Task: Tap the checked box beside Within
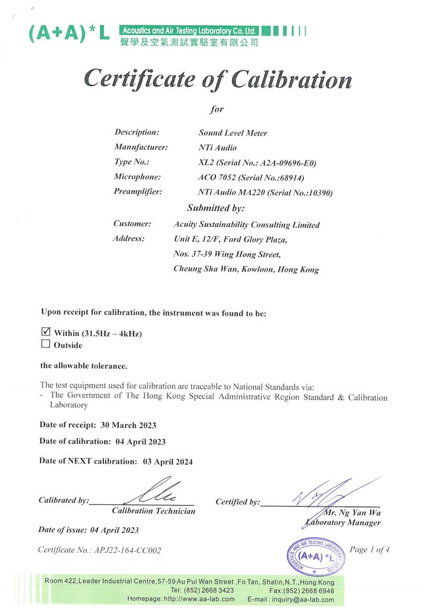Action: [x=46, y=332]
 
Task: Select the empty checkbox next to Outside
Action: [x=46, y=344]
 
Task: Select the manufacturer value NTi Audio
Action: [x=218, y=147]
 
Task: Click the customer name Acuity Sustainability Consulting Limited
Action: [x=247, y=225]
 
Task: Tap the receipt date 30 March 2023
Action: [x=128, y=425]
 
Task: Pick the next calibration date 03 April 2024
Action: [x=167, y=461]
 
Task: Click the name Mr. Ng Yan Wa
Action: [x=352, y=513]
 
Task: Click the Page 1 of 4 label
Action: [x=369, y=550]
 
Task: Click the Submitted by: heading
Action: [x=216, y=208]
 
